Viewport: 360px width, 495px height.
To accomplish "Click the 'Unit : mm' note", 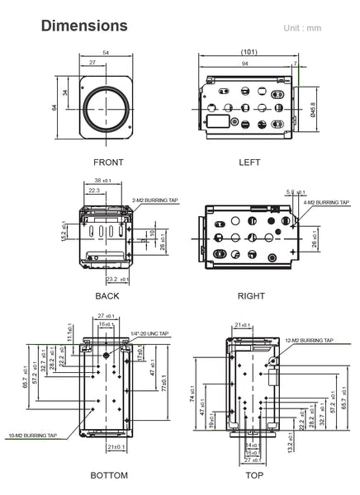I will (x=302, y=29).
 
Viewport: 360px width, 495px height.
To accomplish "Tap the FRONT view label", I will (x=108, y=163).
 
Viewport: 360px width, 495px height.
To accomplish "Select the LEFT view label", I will (x=249, y=163).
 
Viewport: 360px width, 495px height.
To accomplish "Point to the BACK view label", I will (x=107, y=295).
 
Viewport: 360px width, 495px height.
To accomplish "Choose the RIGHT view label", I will (x=250, y=295).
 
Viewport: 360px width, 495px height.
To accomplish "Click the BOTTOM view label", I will (x=108, y=475).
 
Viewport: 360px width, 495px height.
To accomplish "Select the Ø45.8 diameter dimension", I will (x=313, y=109).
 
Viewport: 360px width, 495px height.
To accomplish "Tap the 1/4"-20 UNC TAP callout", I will (x=149, y=334).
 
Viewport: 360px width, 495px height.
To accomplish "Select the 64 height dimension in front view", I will (x=54, y=107).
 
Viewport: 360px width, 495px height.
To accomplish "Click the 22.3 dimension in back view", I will (x=93, y=190).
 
